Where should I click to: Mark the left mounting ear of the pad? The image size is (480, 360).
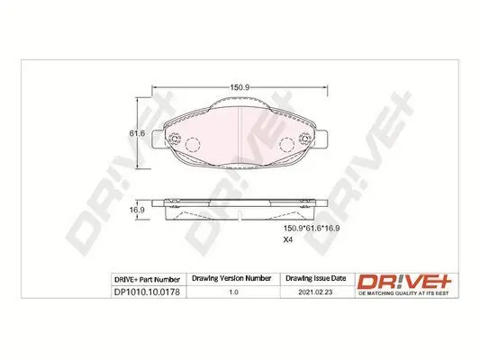point(159,140)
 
